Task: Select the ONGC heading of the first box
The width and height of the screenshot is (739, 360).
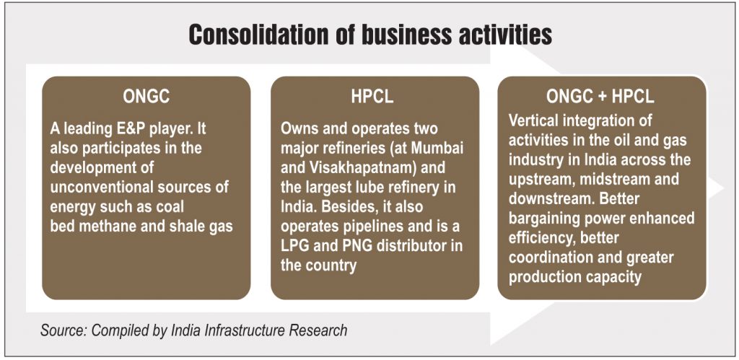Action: [x=146, y=97]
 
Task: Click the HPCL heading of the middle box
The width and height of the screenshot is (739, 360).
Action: [x=372, y=97]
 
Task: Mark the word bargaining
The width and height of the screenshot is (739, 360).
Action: [x=551, y=218]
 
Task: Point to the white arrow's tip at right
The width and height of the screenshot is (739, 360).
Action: [x=723, y=188]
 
